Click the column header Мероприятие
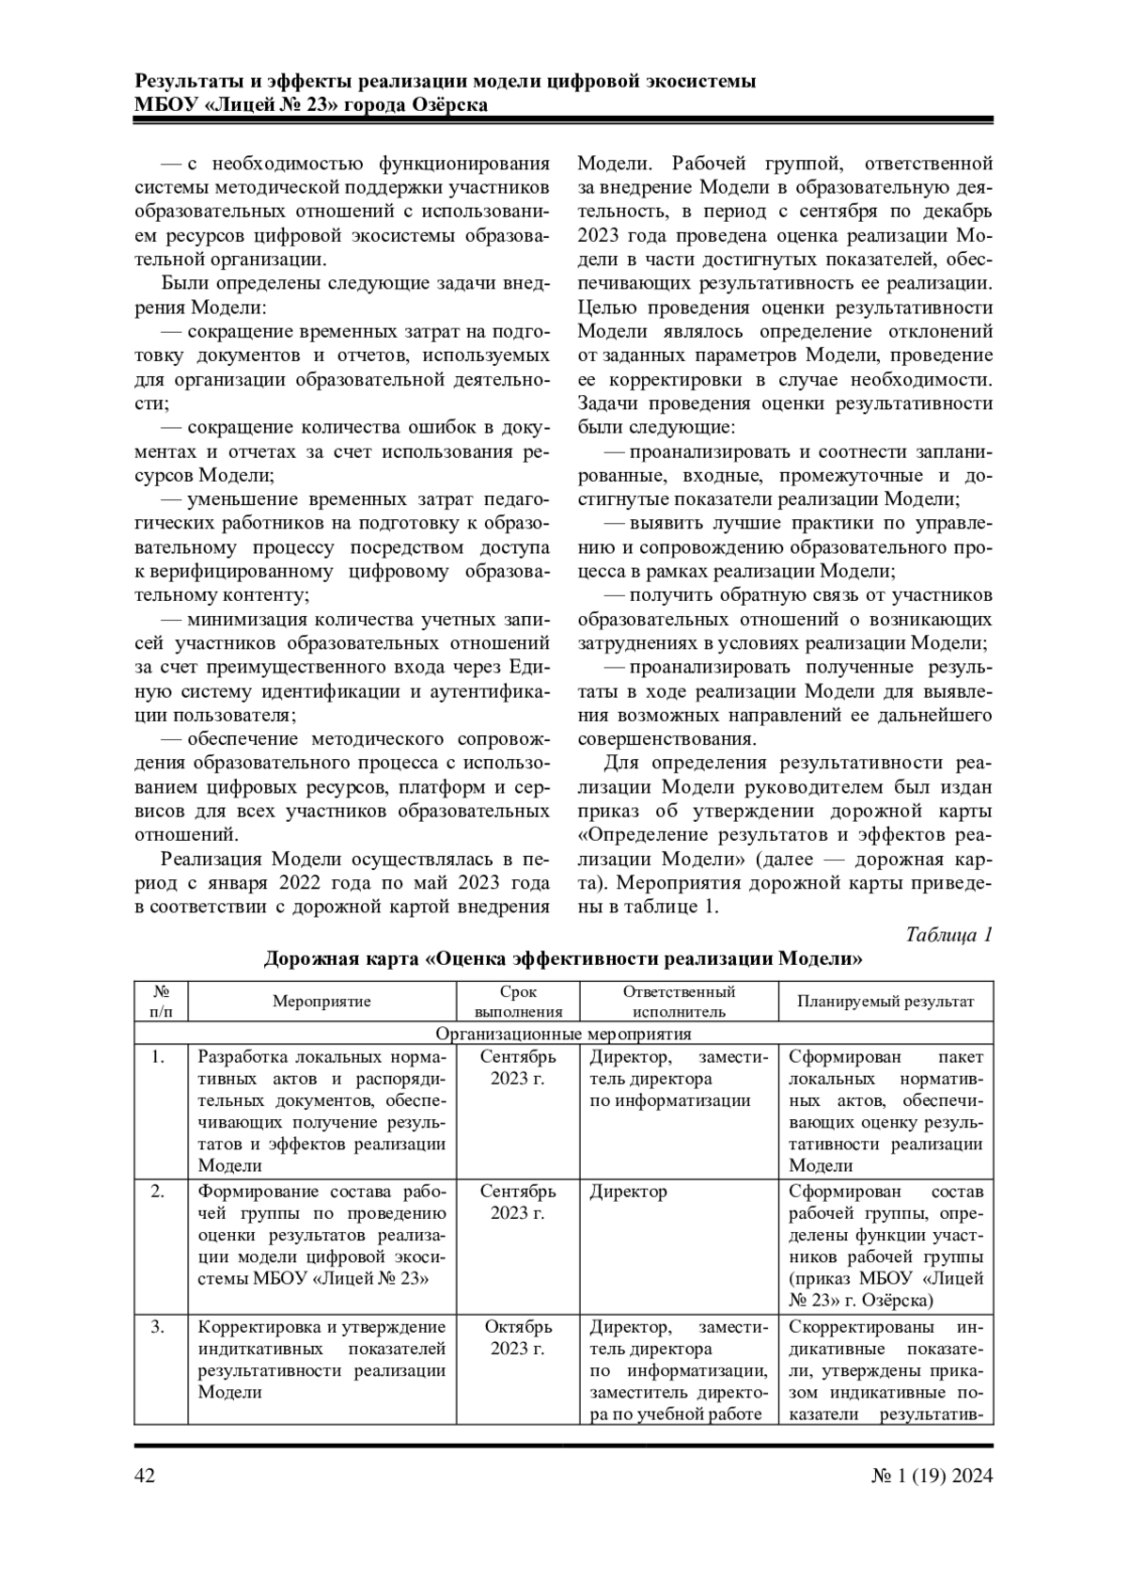(321, 1001)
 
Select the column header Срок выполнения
(518, 1002)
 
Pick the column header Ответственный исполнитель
(679, 1002)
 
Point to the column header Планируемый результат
(885, 1001)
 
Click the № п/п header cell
(161, 1002)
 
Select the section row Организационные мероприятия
(564, 1034)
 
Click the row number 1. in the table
(158, 1057)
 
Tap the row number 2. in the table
(158, 1192)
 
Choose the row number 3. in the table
(158, 1327)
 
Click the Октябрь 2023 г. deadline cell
(518, 1337)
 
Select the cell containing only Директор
(629, 1192)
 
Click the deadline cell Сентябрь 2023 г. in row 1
(518, 1067)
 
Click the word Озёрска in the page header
(449, 104)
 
